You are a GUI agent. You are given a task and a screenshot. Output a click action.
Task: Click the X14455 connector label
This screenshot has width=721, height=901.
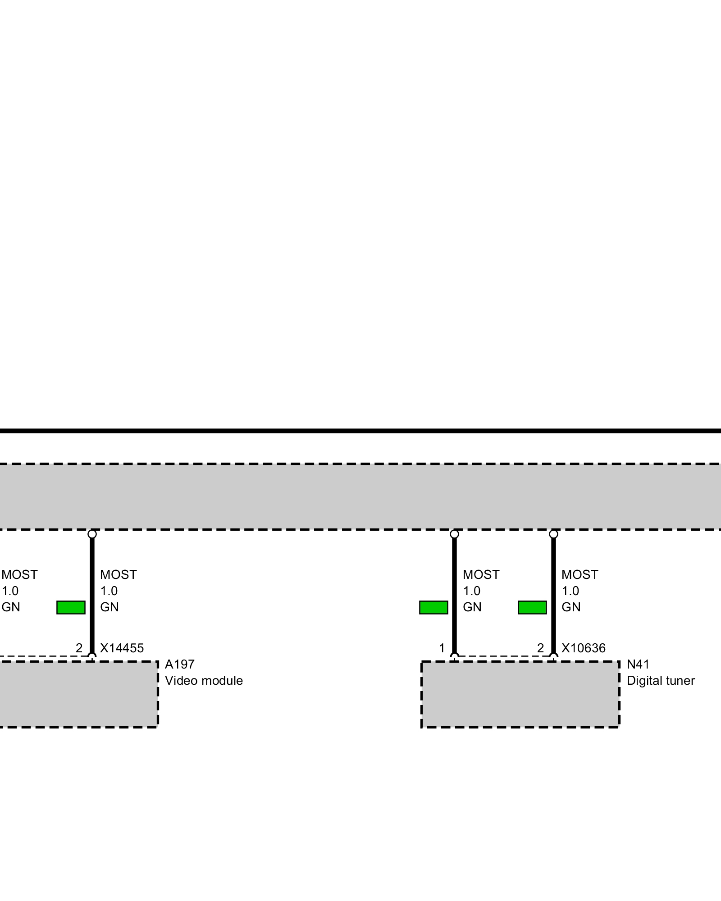point(122,648)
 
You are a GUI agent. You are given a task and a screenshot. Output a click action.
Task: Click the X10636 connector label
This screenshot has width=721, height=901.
point(583,648)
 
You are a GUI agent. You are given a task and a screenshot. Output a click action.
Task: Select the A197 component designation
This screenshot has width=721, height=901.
point(179,664)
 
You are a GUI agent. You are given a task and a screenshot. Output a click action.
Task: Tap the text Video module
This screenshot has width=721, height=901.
point(204,681)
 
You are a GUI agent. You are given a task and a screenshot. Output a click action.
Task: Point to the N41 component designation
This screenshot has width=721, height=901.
point(638,664)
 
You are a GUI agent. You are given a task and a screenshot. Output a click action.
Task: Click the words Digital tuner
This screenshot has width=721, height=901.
point(661,681)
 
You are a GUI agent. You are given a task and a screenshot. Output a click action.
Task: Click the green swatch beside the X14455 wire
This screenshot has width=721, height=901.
point(71,607)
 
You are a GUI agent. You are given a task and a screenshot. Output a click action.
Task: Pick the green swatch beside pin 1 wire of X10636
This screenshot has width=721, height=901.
point(434,607)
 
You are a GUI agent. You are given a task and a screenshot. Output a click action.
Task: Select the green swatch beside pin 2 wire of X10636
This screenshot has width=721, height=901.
point(532,607)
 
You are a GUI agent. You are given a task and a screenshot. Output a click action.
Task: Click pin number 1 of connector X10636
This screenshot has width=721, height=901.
point(442,648)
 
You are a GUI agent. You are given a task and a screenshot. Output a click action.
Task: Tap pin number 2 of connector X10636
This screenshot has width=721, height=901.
point(540,648)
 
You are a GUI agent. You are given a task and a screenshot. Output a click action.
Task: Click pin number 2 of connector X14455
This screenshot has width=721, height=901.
point(79,648)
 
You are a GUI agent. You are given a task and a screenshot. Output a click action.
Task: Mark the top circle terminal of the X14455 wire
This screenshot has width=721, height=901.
point(92,534)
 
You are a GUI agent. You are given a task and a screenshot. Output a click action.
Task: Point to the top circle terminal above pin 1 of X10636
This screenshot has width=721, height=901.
point(454,534)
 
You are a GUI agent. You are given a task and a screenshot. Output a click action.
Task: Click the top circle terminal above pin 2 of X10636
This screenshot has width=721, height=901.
point(553,534)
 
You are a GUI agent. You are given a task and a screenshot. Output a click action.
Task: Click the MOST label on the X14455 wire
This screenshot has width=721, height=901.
point(118,575)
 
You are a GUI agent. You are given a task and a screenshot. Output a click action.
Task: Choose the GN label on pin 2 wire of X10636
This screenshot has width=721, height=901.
point(571,607)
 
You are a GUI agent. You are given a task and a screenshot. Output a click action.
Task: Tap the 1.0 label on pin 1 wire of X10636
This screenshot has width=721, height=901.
point(471,591)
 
